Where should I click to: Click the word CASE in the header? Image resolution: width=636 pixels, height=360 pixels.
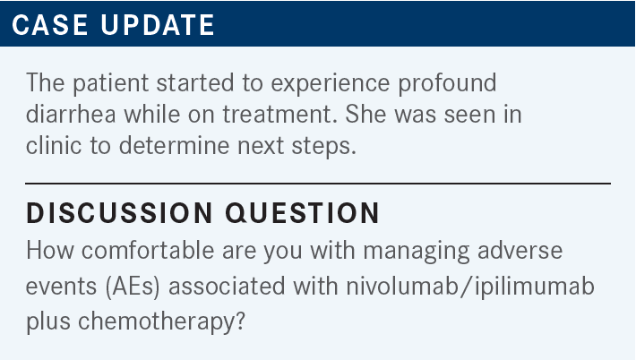(49, 25)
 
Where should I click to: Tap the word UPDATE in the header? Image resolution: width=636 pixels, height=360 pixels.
(158, 25)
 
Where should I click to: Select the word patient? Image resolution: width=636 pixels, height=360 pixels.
(111, 83)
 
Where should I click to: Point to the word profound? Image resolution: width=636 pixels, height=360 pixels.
(447, 83)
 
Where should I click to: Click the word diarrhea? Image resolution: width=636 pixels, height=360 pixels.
(71, 114)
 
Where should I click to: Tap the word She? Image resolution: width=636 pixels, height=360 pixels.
(365, 114)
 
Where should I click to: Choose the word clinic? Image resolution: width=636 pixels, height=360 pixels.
(54, 145)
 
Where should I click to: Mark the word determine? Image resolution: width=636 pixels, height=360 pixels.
(174, 145)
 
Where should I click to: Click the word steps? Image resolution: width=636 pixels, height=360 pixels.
(324, 146)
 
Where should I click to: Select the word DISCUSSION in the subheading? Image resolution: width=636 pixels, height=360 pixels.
(119, 212)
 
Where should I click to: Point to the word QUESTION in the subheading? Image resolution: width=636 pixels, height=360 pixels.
(302, 212)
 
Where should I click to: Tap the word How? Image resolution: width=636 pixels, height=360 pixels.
(50, 250)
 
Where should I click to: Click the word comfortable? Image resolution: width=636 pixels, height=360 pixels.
(148, 249)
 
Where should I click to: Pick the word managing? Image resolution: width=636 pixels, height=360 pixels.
(417, 251)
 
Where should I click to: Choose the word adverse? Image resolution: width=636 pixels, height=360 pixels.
(520, 250)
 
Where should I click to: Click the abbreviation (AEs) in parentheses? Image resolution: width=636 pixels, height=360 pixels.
(133, 287)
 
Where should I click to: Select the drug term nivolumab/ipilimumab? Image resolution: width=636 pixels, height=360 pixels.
(470, 286)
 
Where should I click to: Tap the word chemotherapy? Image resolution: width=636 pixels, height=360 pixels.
(161, 321)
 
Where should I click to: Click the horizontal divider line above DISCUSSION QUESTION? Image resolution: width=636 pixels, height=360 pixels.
(318, 184)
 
